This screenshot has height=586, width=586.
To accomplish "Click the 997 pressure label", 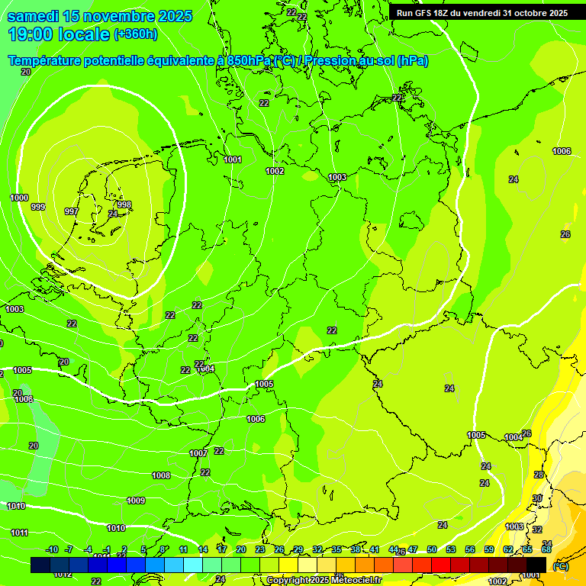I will click(x=71, y=211).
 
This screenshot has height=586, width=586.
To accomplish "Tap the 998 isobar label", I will click(x=124, y=204).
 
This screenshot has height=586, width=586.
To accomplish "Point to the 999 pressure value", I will click(x=38, y=207).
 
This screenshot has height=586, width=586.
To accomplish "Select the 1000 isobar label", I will click(x=19, y=198).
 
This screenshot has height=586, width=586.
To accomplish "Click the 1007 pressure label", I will click(x=198, y=453).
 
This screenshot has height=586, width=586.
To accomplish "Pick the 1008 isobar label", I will click(x=161, y=475).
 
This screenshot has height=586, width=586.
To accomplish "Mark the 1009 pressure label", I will click(x=136, y=501).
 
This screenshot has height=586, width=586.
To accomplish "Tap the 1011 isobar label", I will click(x=19, y=533).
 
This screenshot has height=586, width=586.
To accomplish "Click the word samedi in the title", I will click(x=34, y=16).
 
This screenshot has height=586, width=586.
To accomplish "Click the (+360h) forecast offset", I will click(x=136, y=34).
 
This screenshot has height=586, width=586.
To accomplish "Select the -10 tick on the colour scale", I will click(x=52, y=549).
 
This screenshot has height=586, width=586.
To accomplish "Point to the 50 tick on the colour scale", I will click(x=432, y=549).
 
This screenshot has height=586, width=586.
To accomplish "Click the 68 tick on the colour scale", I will click(x=546, y=549).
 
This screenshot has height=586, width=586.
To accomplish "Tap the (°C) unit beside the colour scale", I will click(x=560, y=565).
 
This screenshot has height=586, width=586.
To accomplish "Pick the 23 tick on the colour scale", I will click(x=260, y=549).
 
